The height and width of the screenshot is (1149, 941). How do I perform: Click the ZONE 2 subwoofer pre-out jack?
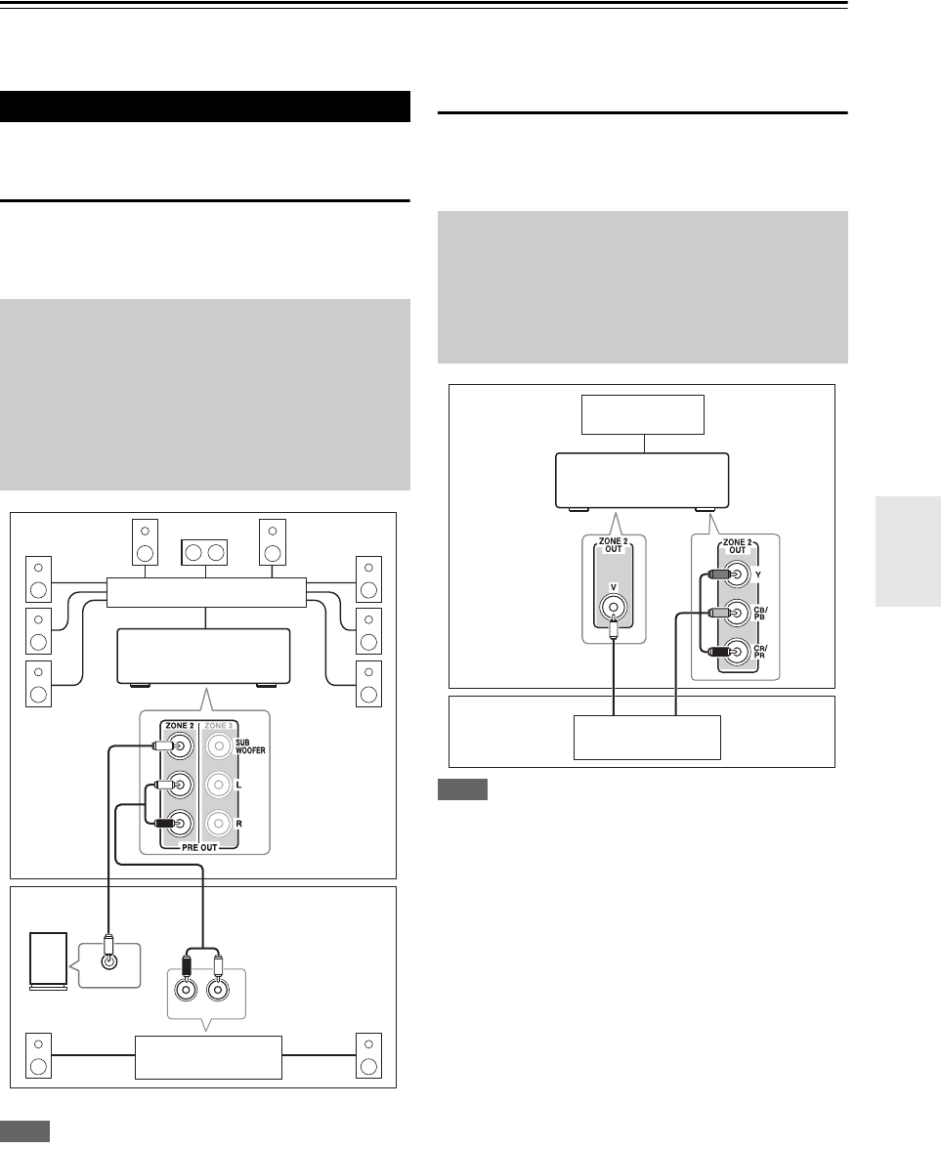click(x=180, y=746)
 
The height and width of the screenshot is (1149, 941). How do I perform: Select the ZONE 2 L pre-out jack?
click(x=180, y=785)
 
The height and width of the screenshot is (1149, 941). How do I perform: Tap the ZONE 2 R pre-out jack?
click(x=180, y=824)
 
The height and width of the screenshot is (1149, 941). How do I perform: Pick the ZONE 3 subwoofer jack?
click(x=219, y=746)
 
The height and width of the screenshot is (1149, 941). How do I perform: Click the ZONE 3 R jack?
click(x=219, y=824)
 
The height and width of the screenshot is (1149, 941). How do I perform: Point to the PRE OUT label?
click(x=199, y=847)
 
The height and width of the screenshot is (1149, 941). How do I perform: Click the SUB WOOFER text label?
click(x=250, y=746)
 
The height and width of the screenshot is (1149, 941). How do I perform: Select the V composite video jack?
click(x=614, y=606)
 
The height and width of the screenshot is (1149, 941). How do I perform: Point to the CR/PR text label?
click(x=760, y=651)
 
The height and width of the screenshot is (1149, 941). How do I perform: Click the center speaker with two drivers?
click(x=204, y=553)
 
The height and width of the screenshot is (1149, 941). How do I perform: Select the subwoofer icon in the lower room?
click(x=49, y=961)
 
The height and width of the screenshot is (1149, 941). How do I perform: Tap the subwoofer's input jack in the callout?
click(x=109, y=961)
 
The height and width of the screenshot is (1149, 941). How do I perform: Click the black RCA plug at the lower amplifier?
click(x=186, y=965)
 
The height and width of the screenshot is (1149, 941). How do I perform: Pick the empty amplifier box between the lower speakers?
click(x=209, y=1057)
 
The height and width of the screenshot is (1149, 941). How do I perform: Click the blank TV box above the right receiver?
click(x=643, y=414)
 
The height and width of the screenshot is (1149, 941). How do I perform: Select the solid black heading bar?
click(x=205, y=106)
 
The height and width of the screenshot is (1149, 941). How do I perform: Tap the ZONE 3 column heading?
click(x=219, y=725)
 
